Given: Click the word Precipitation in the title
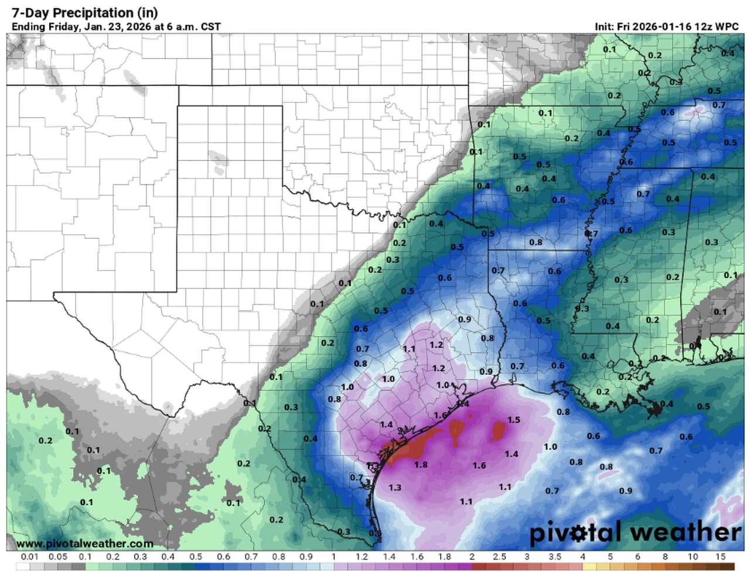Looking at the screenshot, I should click(96, 13).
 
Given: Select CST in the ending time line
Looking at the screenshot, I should click(210, 27).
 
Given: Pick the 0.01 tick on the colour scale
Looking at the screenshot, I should click(30, 557).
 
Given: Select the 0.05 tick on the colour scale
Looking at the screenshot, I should click(57, 557).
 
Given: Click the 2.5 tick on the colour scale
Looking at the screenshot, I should click(499, 557).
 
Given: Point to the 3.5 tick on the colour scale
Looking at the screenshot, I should click(554, 557).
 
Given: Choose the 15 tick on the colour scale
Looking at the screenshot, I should click(720, 557).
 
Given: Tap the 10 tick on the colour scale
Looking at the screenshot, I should click(693, 557).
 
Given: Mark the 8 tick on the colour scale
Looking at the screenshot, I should click(665, 557).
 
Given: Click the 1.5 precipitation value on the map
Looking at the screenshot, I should click(514, 420).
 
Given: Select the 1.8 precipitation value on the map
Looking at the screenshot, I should click(421, 465).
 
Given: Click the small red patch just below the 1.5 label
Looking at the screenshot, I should click(499, 431).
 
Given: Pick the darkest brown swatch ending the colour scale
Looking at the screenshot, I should click(727, 567).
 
